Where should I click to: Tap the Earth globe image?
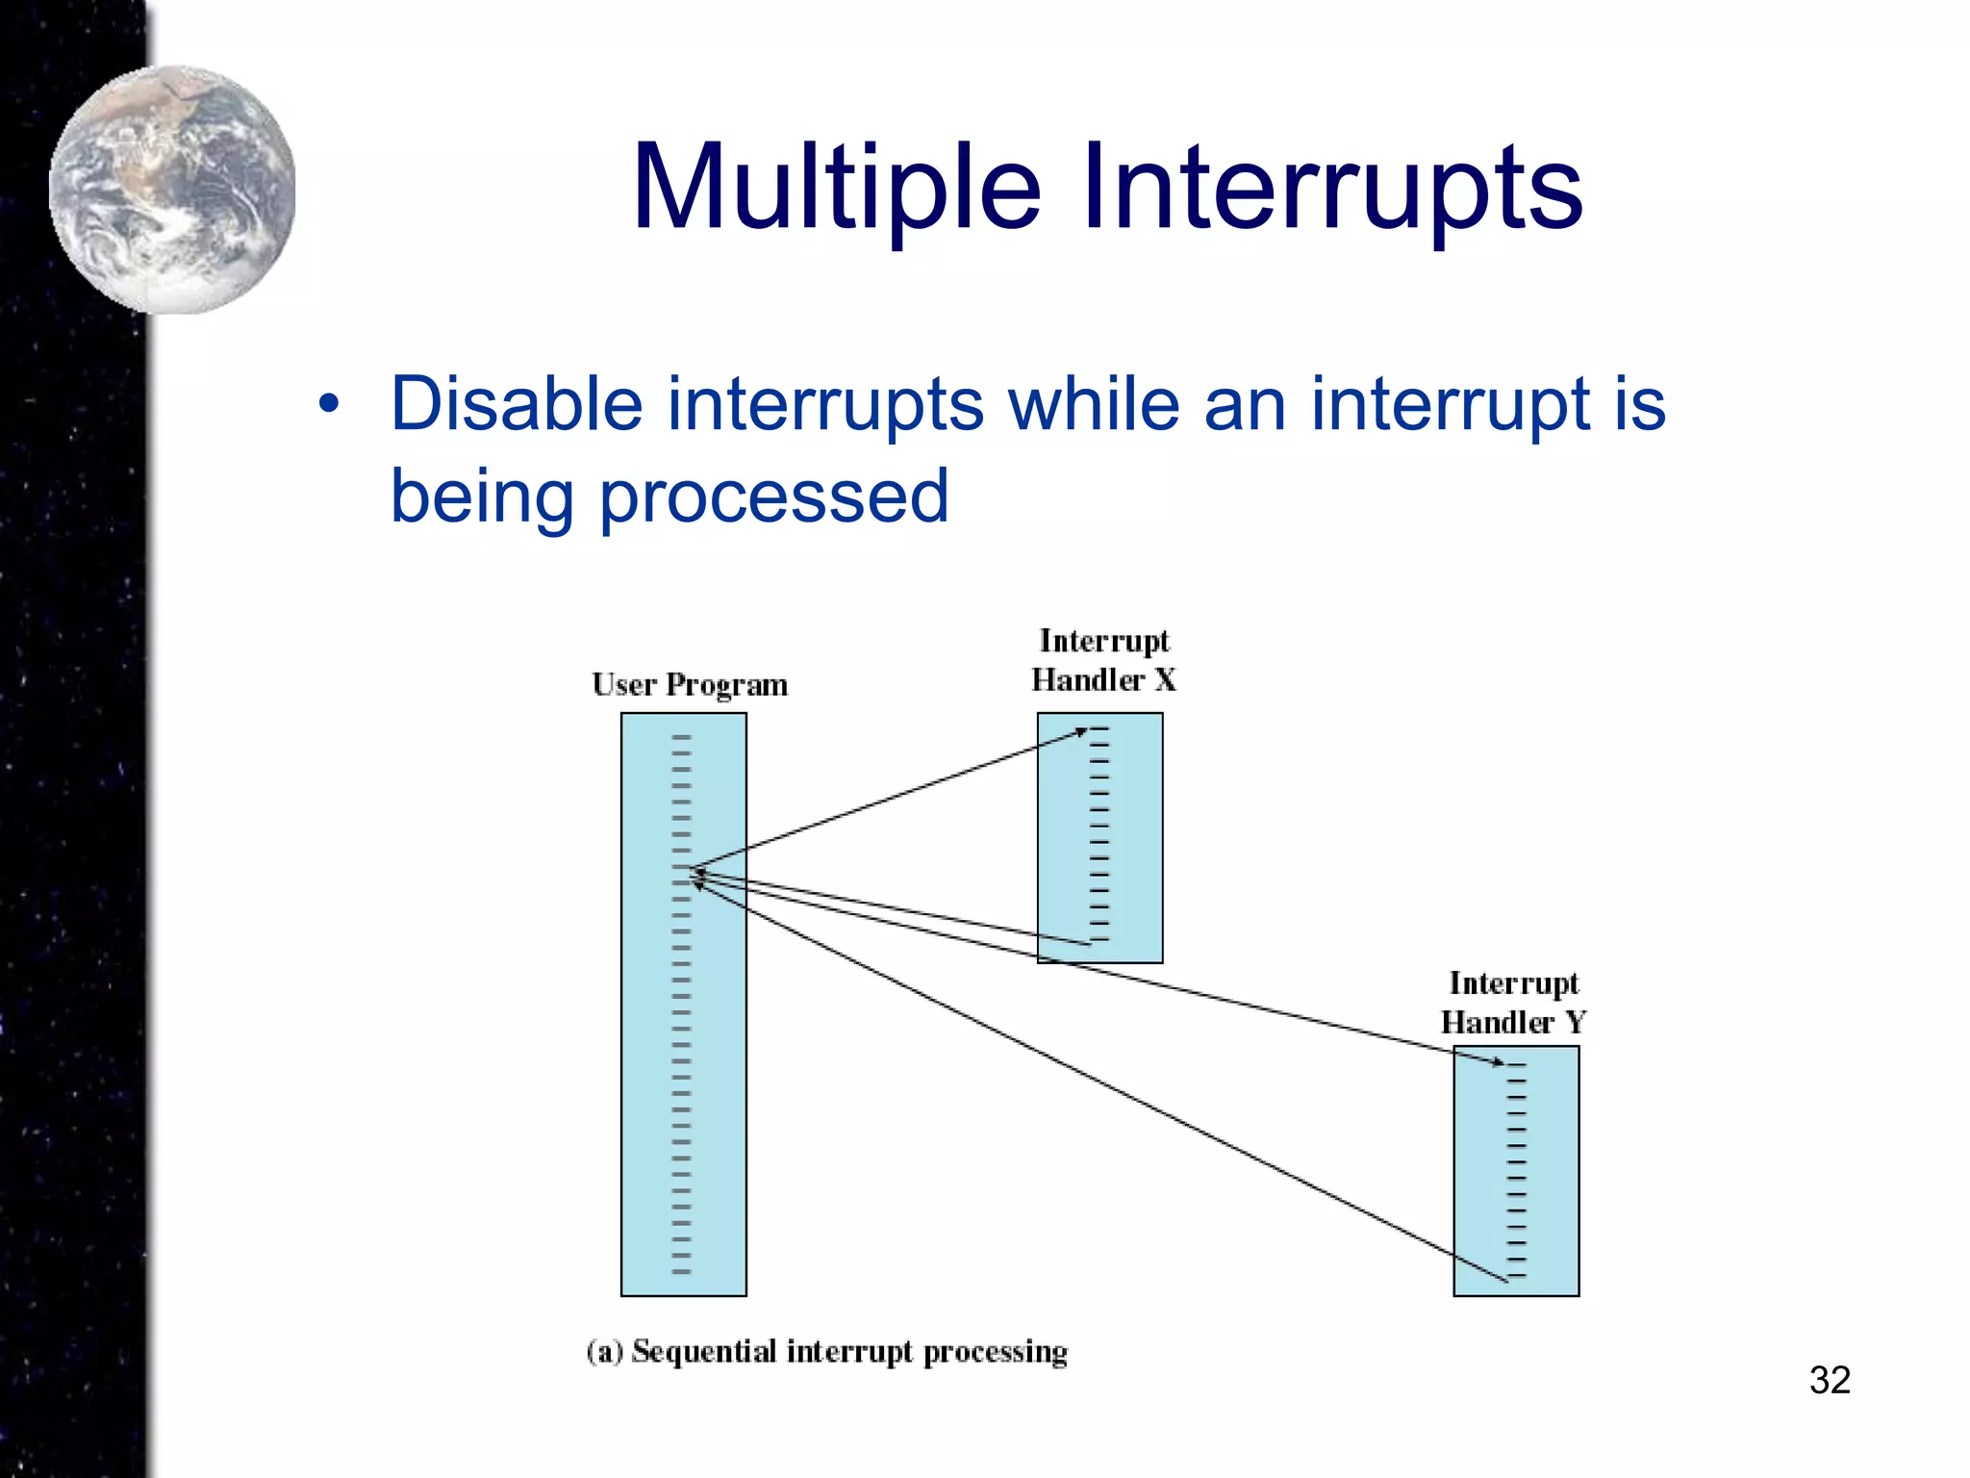coord(173,189)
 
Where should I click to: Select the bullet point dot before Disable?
coord(329,404)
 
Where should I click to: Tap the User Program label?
coord(690,684)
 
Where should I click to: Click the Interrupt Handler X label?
coord(1103,660)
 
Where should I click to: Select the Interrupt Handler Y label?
coord(1513,1003)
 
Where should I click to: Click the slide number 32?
coord(1829,1380)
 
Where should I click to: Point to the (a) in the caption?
coord(605,1351)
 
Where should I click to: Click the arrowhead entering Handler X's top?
coord(1081,732)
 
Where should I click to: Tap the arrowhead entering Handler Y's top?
coord(1498,1063)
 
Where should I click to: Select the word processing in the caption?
coord(996,1353)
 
